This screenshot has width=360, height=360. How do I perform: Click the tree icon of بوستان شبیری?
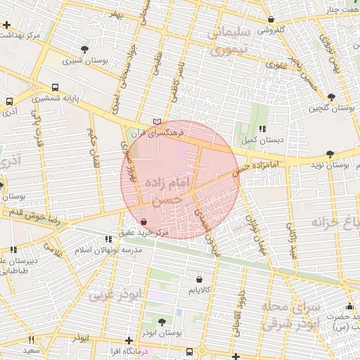coord(85,49)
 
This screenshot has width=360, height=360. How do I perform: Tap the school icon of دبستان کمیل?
coord(262,129)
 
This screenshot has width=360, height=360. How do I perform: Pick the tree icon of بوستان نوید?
coord(330,153)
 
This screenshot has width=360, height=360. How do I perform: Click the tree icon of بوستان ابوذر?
coord(162,321)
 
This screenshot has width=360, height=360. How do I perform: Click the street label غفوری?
coord(276,64)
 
